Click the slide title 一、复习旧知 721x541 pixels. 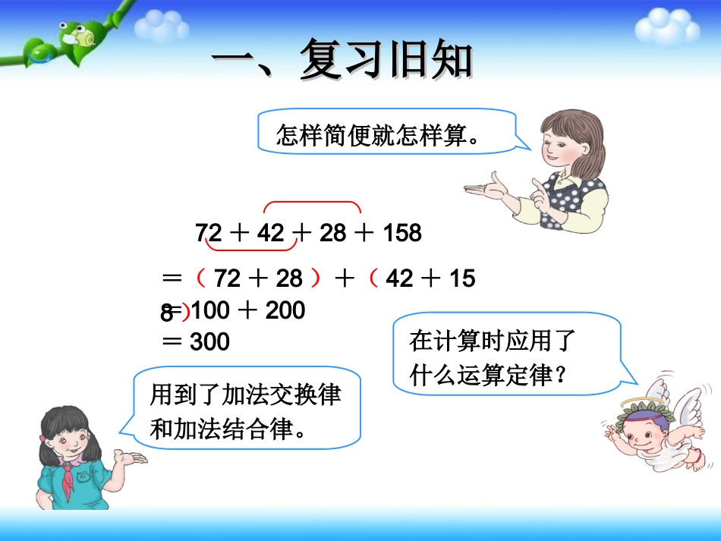click(342, 60)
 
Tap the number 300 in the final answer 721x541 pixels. click(209, 342)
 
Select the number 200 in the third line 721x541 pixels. click(285, 310)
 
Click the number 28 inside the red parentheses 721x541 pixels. click(289, 279)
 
